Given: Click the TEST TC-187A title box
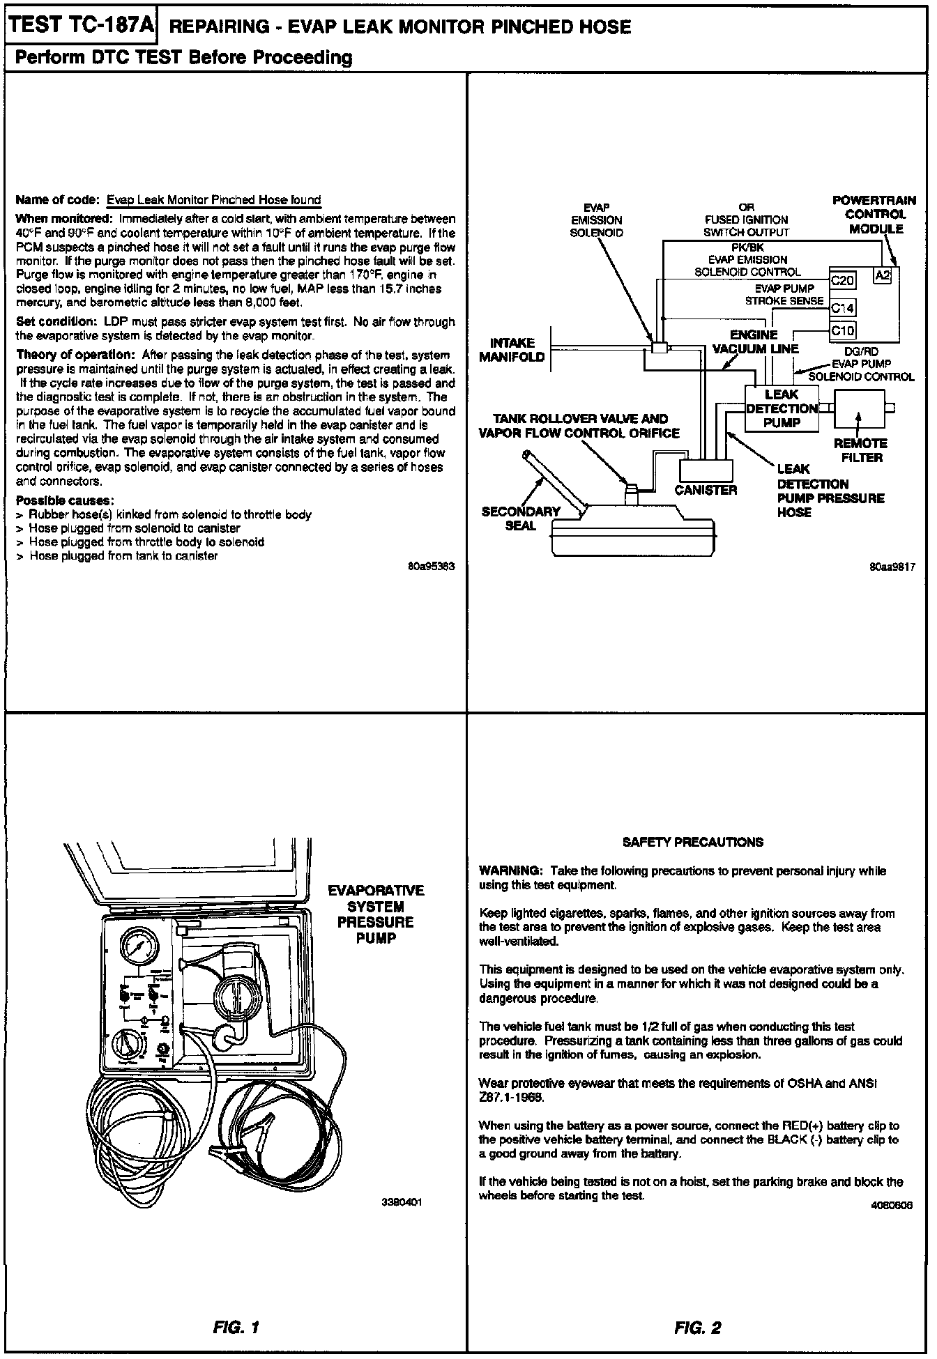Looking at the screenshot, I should click(x=81, y=26).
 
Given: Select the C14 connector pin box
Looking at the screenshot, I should click(x=843, y=307).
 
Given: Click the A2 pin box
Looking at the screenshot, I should click(x=882, y=275).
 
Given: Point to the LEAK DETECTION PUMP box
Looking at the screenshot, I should click(x=782, y=408).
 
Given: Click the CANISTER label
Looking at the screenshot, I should click(x=706, y=490).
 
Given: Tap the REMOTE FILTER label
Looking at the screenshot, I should click(x=861, y=450).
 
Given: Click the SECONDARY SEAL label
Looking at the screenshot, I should click(x=520, y=519).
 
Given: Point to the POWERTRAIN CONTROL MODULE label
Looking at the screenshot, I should click(x=874, y=215).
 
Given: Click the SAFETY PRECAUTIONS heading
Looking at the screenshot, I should click(x=692, y=842).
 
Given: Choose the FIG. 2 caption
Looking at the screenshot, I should click(x=698, y=1328).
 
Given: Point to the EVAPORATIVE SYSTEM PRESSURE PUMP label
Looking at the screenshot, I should click(x=376, y=914).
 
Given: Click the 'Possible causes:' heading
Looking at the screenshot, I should click(x=65, y=500).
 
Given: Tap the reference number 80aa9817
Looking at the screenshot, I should click(x=891, y=567).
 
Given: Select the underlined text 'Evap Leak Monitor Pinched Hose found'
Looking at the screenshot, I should click(x=213, y=200).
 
